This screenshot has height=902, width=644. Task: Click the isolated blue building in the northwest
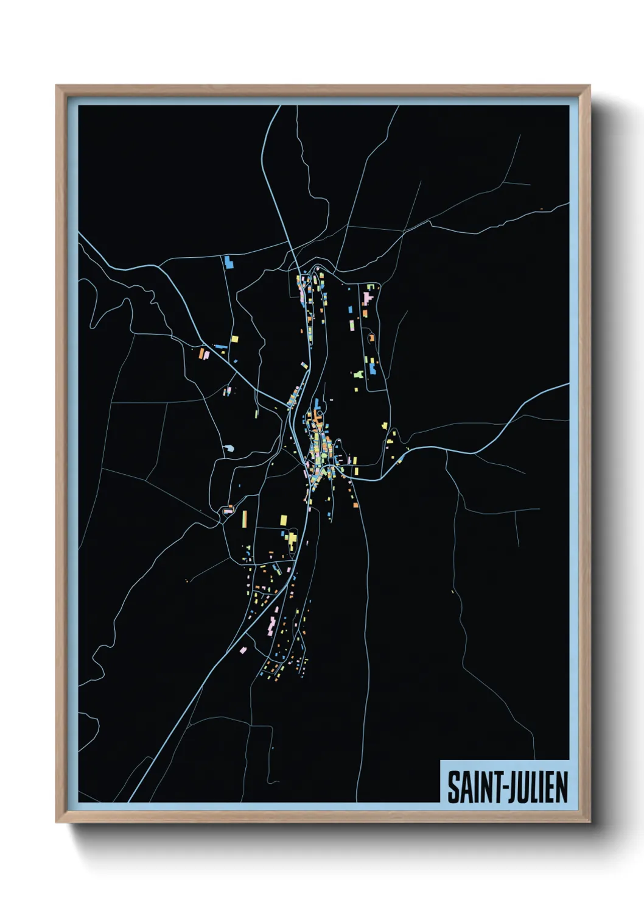228,262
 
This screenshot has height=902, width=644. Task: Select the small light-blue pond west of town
228,449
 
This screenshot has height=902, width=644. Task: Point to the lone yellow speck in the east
452,591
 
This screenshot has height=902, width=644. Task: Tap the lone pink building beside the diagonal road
243,650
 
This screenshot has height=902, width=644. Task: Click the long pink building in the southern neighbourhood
271,623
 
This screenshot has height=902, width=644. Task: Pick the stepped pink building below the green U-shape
366,299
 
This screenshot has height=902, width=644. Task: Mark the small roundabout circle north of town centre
319,412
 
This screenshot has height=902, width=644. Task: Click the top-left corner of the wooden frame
57,86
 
